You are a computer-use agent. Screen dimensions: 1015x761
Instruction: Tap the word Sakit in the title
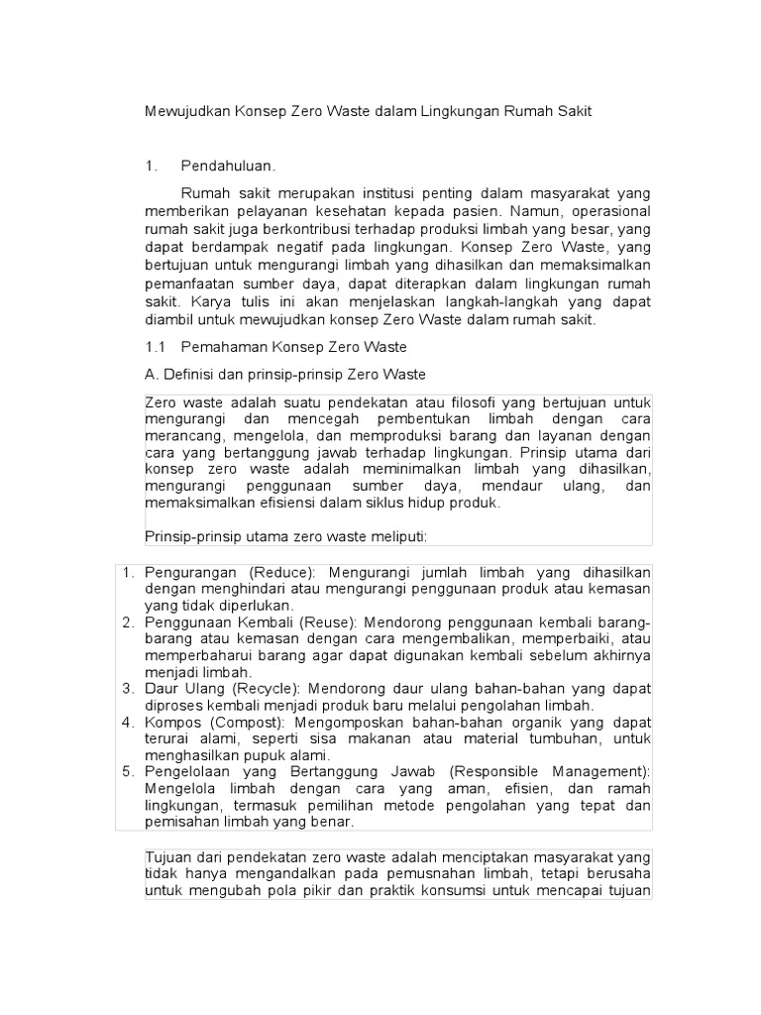point(572,112)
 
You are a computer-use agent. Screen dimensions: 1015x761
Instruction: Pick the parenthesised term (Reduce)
point(281,573)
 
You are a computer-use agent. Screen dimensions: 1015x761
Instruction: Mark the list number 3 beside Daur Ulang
point(127,688)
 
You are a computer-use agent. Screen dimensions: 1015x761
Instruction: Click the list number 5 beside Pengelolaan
point(127,771)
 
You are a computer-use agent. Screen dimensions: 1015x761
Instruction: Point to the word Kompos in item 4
point(170,722)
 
